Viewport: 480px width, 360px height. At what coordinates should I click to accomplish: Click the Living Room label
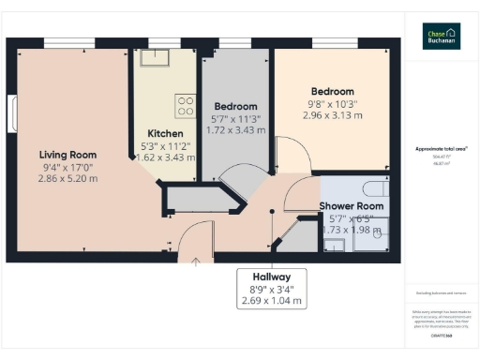67,155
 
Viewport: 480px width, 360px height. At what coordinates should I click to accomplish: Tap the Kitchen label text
165,133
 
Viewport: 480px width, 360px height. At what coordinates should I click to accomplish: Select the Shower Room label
352,206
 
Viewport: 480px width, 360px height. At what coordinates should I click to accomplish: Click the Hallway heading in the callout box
272,277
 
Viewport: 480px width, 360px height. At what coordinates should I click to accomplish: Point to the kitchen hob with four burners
185,102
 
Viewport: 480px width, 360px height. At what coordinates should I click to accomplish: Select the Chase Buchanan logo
441,36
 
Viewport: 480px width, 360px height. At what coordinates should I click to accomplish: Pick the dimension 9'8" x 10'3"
332,104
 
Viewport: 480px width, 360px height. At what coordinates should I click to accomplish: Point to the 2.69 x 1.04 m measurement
272,302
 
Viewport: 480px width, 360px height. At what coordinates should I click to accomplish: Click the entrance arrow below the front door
195,262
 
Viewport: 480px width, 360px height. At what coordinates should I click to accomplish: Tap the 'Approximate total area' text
441,149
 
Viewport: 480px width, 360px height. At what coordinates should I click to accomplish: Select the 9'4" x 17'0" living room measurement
67,166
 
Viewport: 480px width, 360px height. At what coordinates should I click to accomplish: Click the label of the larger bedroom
332,92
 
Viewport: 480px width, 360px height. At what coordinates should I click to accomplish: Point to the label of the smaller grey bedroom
235,106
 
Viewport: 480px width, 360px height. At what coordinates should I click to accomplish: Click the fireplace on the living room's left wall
14,115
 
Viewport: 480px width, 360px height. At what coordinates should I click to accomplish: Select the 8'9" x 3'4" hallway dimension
272,290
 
